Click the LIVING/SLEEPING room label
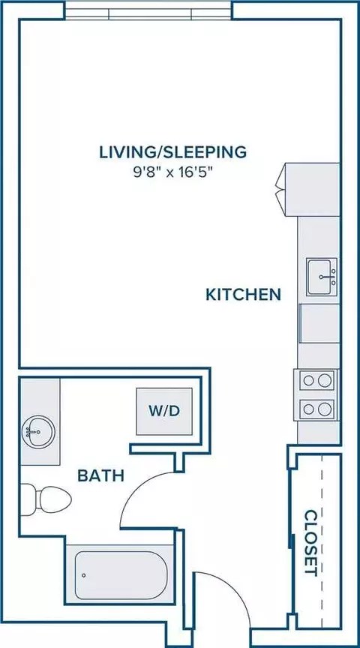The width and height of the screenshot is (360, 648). pyautogui.click(x=172, y=152)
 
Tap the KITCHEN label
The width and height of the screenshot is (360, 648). pyautogui.click(x=244, y=295)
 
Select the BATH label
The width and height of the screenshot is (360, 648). pyautogui.click(x=100, y=476)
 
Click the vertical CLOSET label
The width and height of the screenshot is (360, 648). pyautogui.click(x=310, y=543)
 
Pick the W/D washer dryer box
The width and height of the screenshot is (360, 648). pyautogui.click(x=164, y=411)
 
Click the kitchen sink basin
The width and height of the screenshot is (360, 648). pyautogui.click(x=322, y=277)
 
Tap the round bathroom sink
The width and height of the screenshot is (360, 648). pyautogui.click(x=37, y=432)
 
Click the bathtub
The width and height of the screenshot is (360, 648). pyautogui.click(x=121, y=575)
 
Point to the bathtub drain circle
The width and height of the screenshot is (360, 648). pyautogui.click(x=84, y=575)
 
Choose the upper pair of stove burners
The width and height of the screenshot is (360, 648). pyautogui.click(x=316, y=379)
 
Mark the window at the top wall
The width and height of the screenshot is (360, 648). pyautogui.click(x=148, y=10)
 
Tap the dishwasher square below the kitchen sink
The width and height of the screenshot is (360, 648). pyautogui.click(x=319, y=323)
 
